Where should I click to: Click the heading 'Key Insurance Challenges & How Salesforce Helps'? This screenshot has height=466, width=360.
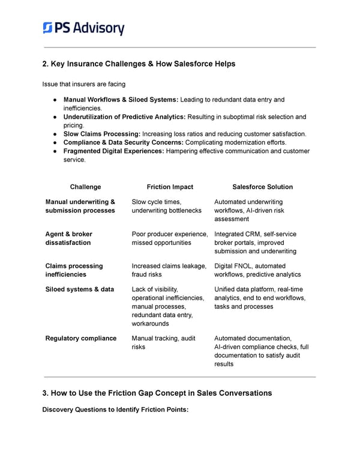click(139, 64)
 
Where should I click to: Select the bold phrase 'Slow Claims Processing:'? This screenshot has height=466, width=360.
click(101, 134)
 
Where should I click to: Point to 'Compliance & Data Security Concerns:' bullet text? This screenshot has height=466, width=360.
click(123, 142)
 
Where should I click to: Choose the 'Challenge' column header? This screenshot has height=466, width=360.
click(85, 187)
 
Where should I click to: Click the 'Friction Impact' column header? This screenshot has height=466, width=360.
click(170, 187)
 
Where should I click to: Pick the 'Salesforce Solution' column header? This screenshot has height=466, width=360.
click(262, 187)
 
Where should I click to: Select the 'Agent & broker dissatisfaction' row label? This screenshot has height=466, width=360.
click(69, 238)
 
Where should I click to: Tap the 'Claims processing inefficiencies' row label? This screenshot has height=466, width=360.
click(74, 270)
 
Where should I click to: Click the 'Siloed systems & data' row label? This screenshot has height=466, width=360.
click(79, 289)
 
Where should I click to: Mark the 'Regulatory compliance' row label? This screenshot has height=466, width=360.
click(81, 338)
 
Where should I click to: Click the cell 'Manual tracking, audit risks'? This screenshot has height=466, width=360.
click(163, 342)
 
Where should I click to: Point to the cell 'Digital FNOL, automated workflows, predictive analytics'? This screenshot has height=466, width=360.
click(257, 270)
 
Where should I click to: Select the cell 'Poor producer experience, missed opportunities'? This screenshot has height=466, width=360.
click(170, 238)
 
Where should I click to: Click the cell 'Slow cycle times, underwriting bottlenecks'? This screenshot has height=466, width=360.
click(166, 207)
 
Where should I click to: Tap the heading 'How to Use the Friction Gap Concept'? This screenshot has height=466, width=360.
click(157, 393)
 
